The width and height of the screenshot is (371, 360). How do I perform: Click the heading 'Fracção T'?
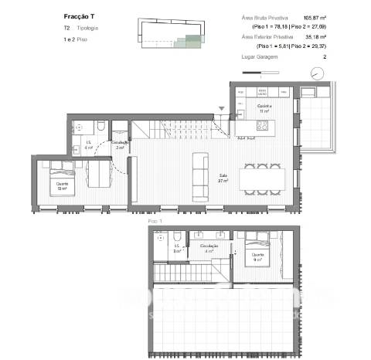pos(79,16)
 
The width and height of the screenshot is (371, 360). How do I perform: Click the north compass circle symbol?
pos(317,73)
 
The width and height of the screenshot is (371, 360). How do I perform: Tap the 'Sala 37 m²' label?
pos(224,176)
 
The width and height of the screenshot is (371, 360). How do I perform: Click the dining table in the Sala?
pos(264,179)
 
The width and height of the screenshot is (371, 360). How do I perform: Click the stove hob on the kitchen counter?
pos(263,124)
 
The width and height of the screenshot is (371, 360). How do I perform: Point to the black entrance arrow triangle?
pos(223,110)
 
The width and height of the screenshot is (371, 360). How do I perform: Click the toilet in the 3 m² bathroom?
pos(178,236)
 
